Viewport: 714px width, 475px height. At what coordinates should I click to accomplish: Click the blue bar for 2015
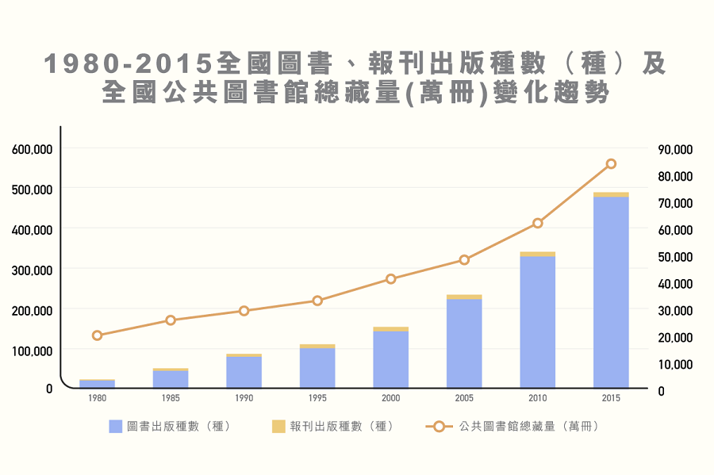pos(611,293)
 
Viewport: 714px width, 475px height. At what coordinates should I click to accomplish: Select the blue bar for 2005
pos(464,343)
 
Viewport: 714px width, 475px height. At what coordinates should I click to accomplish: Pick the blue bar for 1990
pos(244,372)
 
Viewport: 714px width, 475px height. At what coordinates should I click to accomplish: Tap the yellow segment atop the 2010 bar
pos(538,255)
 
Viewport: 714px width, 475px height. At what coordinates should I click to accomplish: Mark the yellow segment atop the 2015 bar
pos(611,195)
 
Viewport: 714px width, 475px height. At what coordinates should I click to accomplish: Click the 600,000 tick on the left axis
pos(33,149)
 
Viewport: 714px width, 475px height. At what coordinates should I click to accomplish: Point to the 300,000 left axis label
pos(33,270)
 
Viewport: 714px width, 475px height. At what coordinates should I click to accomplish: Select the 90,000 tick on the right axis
pos(675,149)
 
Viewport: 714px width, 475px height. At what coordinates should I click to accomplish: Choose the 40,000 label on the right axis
pos(675,284)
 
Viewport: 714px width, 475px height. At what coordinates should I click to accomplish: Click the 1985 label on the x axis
pos(171,398)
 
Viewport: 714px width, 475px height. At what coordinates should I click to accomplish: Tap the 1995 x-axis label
pos(317,398)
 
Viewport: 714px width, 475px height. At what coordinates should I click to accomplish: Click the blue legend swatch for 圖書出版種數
pos(116,427)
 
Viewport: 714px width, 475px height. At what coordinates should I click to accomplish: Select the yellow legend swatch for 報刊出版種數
pos(278,427)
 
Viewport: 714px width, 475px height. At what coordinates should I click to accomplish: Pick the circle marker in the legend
pos(439,427)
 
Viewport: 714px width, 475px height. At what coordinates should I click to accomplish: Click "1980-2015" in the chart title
pos(129,63)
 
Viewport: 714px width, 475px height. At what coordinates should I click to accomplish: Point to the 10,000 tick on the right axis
pos(675,365)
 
